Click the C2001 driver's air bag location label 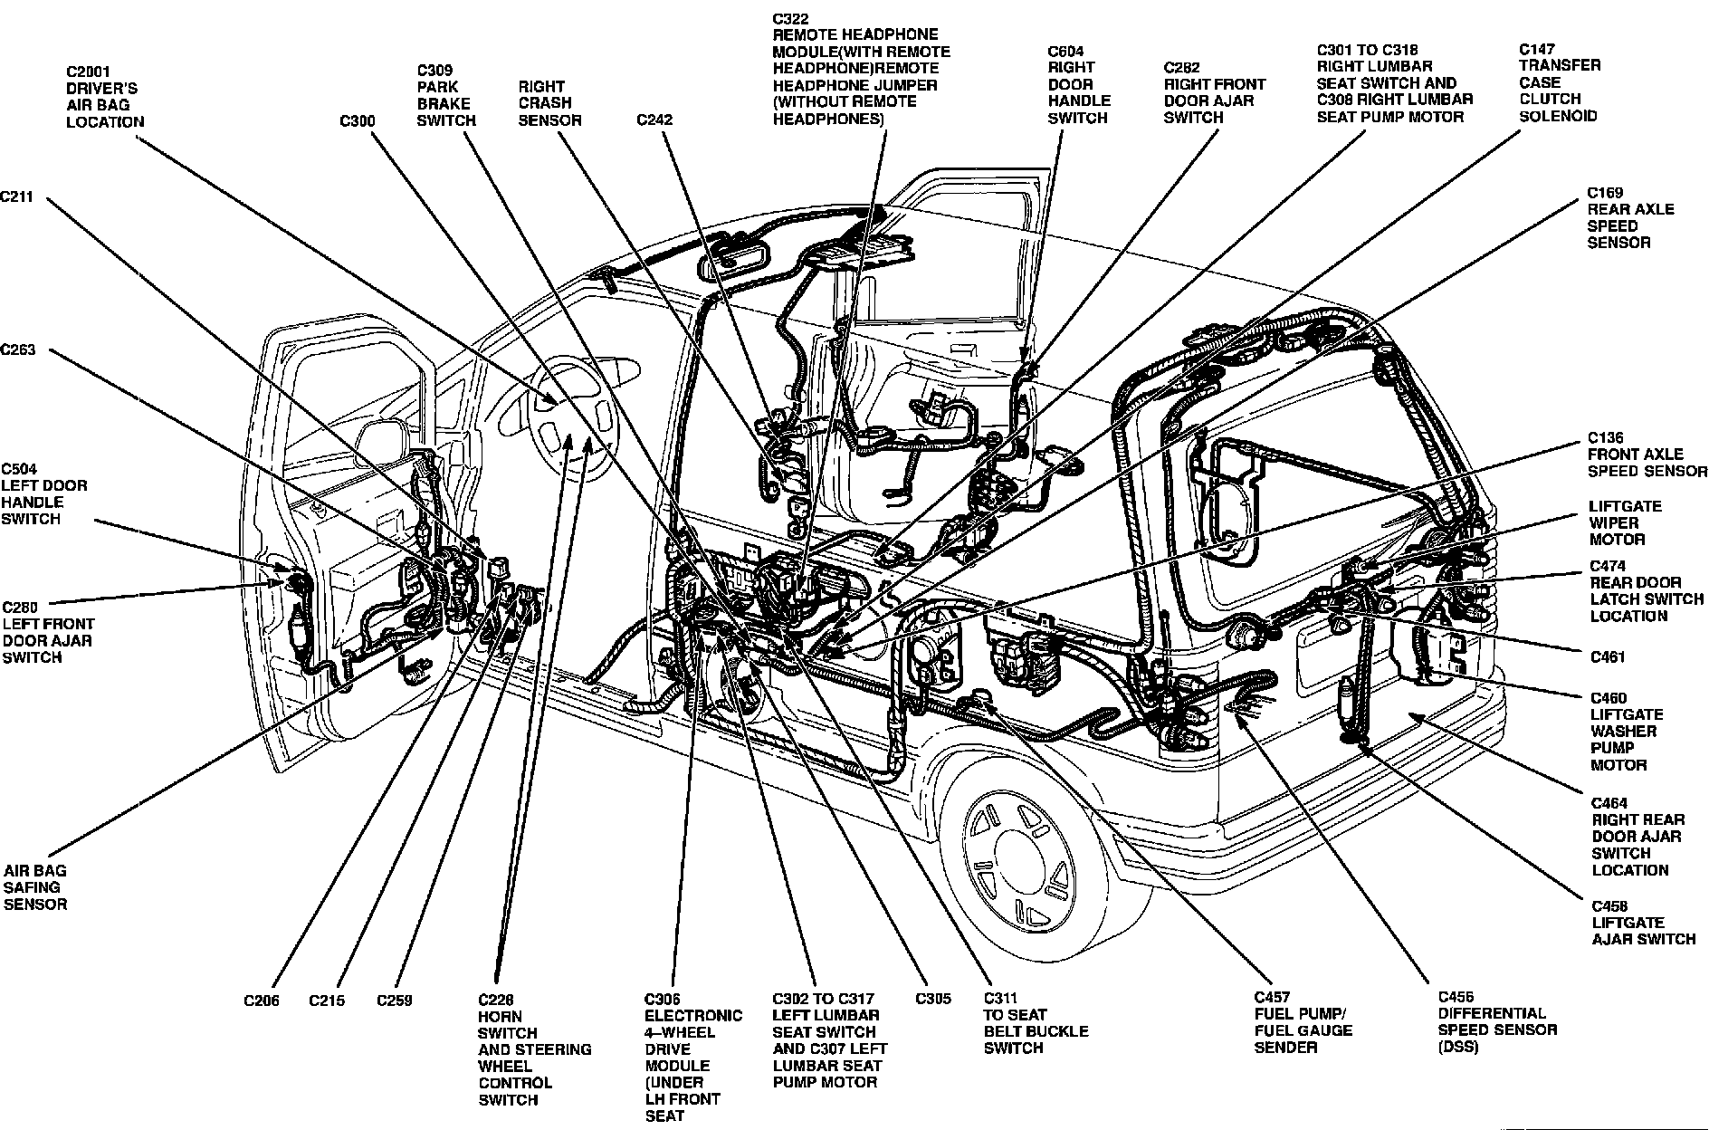coord(104,96)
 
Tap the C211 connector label coord(17,196)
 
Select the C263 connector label coord(17,350)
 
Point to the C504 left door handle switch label coord(43,493)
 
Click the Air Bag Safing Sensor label coord(35,887)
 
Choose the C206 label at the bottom coord(262,1001)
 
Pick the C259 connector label coord(395,1001)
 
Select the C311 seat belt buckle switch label coord(1036,1023)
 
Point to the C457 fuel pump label coord(1303,1022)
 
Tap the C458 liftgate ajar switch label coord(1643,923)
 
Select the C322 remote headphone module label coord(860,69)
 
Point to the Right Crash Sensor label coord(549,103)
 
